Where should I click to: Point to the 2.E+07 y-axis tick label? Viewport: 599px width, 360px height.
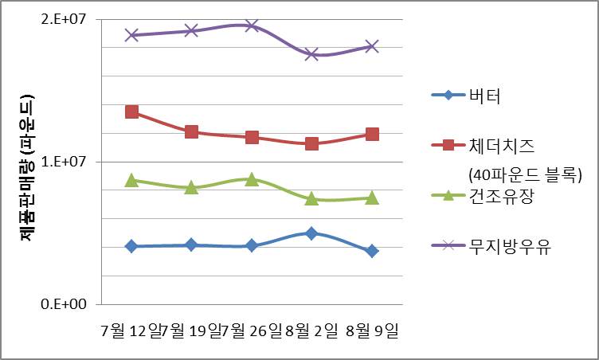tap(69, 19)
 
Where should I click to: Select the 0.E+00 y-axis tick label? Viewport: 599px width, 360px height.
tap(69, 304)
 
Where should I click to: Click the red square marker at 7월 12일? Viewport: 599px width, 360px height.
tap(131, 112)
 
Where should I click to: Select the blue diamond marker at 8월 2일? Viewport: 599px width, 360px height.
tap(311, 233)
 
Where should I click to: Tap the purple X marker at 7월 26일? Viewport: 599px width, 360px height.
tap(252, 25)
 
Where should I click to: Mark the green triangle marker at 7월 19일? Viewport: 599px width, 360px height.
tap(191, 187)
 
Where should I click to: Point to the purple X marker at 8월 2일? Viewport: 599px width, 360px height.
tap(311, 54)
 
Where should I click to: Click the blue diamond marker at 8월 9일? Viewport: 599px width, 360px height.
tap(372, 251)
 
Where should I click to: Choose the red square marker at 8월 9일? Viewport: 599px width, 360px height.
tap(372, 134)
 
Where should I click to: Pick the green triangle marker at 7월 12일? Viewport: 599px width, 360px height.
tap(131, 181)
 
